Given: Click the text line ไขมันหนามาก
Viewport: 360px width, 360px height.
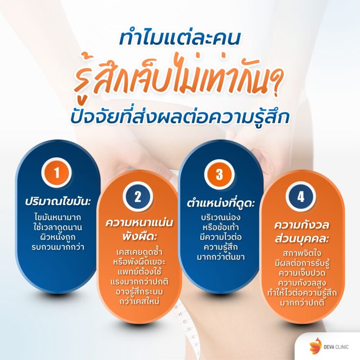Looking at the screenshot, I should [59, 216].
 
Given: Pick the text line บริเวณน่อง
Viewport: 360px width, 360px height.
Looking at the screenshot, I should [220, 217].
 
